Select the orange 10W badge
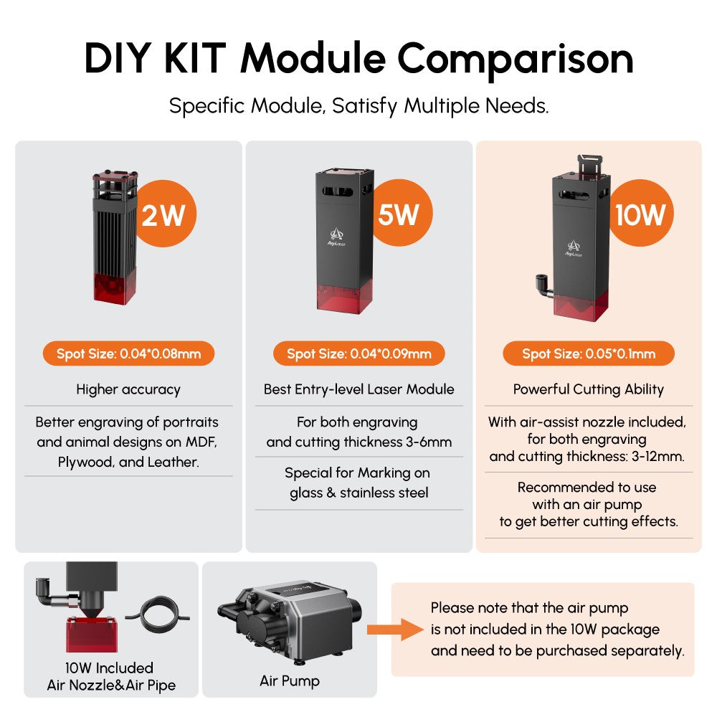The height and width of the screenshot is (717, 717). [641, 213]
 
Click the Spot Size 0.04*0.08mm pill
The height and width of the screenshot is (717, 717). [128, 353]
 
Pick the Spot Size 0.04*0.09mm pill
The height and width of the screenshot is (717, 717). [359, 353]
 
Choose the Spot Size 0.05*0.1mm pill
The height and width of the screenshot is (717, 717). [589, 353]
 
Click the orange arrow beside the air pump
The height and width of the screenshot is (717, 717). [395, 630]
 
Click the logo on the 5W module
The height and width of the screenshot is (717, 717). [336, 237]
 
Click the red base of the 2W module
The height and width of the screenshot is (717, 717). [114, 288]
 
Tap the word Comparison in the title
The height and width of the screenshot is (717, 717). [516, 59]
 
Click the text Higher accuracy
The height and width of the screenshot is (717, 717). [128, 389]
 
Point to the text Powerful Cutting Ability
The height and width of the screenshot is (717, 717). [589, 389]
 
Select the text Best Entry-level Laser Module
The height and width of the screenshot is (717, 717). [359, 389]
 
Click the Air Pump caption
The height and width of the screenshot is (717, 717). [290, 681]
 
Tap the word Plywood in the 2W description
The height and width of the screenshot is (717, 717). [85, 462]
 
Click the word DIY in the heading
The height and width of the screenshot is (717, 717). [118, 59]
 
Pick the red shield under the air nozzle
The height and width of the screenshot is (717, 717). [92, 634]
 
